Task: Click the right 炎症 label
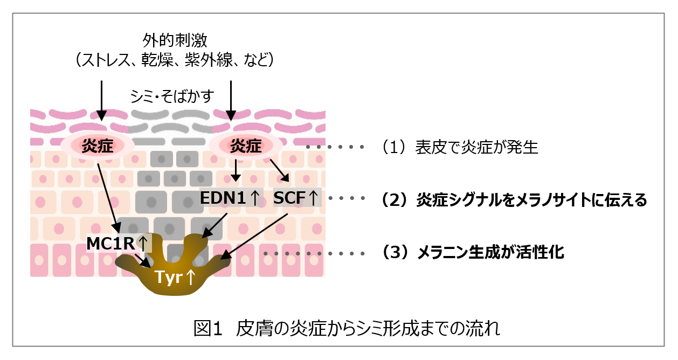pyautogui.click(x=246, y=146)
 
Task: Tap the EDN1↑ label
pyautogui.click(x=230, y=198)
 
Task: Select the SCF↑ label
pyautogui.click(x=296, y=198)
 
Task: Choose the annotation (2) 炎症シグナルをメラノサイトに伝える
pyautogui.click(x=514, y=199)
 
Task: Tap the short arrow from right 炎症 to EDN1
pyautogui.click(x=236, y=170)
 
